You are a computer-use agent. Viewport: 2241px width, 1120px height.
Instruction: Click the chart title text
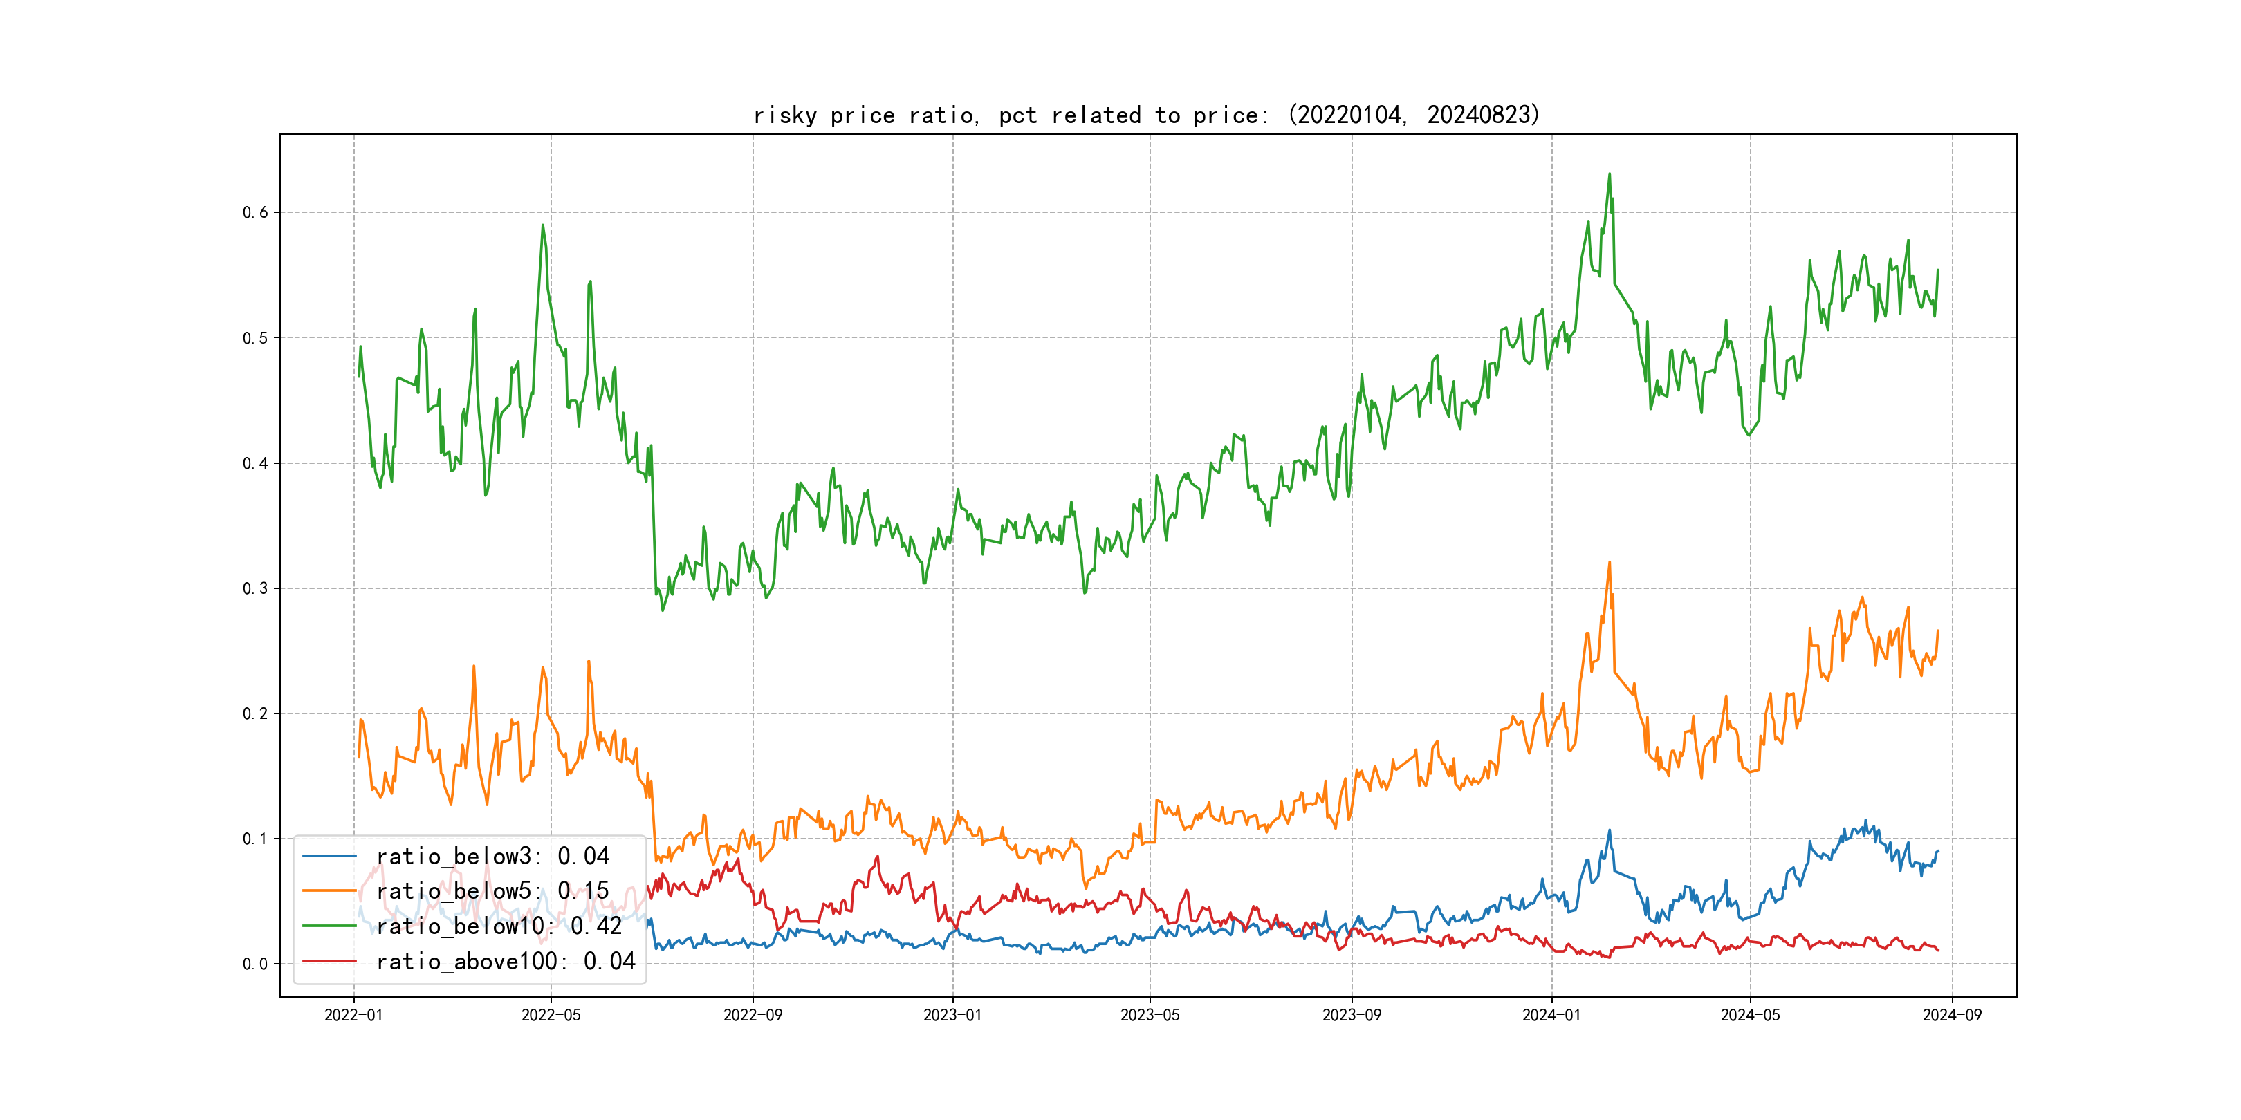tap(1147, 115)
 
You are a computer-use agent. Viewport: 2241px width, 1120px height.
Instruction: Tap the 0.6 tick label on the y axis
tap(255, 212)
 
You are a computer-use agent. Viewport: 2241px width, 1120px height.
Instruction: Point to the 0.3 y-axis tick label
tap(255, 589)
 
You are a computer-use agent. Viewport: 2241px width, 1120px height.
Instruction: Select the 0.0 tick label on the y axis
tap(255, 964)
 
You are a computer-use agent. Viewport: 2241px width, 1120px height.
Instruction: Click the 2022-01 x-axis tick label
tap(353, 1015)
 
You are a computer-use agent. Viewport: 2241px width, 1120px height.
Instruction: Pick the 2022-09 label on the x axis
tap(753, 1015)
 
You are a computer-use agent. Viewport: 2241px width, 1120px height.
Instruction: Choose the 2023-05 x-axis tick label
tap(1150, 1015)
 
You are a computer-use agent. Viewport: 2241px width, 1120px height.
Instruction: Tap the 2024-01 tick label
tap(1551, 1015)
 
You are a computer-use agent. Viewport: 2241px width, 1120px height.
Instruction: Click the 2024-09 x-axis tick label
tap(1952, 1015)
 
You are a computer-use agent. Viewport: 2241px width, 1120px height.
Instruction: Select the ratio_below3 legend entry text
tap(492, 857)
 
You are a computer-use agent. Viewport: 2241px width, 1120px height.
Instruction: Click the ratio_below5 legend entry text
tap(492, 891)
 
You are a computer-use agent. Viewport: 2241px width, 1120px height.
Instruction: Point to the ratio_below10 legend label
tap(499, 926)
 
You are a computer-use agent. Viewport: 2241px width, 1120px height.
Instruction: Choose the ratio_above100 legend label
tap(506, 961)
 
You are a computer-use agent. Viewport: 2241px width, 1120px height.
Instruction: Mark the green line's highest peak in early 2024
tap(1610, 174)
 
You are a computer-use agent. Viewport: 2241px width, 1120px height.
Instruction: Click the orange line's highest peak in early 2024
tap(1610, 563)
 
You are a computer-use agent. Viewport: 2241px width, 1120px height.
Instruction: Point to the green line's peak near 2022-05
tap(543, 225)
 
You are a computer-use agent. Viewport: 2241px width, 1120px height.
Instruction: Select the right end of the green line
tap(1937, 270)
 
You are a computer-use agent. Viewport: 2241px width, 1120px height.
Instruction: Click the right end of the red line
tap(1937, 949)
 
